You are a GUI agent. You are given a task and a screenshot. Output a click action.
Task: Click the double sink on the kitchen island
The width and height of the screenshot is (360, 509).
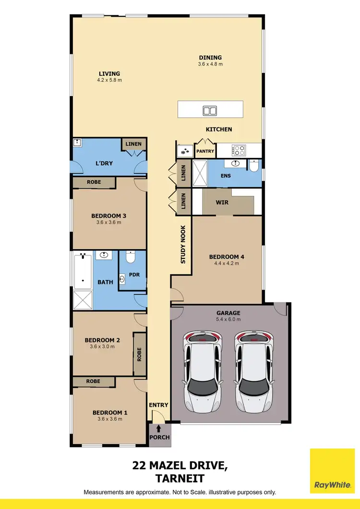210,110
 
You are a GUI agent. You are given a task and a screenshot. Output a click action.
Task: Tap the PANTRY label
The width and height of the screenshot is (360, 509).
205,151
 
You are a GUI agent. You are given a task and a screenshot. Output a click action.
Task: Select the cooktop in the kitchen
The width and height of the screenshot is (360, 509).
239,150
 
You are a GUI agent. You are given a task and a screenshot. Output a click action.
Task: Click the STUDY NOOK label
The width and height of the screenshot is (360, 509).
183,245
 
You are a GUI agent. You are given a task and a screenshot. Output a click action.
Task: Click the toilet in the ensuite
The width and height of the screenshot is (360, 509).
254,166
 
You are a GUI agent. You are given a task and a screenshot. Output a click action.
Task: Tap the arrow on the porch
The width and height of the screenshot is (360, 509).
159,428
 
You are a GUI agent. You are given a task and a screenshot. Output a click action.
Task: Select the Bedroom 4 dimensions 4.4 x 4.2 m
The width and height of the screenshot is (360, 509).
224,263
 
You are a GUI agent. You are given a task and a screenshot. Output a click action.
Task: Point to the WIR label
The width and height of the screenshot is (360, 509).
222,202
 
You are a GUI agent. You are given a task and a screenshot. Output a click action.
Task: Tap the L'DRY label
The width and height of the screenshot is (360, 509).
104,163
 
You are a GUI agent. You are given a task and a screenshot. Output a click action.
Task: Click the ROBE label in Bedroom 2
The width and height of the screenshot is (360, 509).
140,354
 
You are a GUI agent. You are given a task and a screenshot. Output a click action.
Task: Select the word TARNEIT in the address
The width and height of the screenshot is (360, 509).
180,478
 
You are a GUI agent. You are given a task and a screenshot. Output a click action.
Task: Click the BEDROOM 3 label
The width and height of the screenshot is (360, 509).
108,216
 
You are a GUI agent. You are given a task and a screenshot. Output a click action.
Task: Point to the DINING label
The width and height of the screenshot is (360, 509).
210,58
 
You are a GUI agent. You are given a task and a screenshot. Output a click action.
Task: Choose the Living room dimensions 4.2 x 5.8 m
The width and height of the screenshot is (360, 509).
109,80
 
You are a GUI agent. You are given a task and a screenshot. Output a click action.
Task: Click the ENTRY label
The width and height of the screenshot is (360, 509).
158,405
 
